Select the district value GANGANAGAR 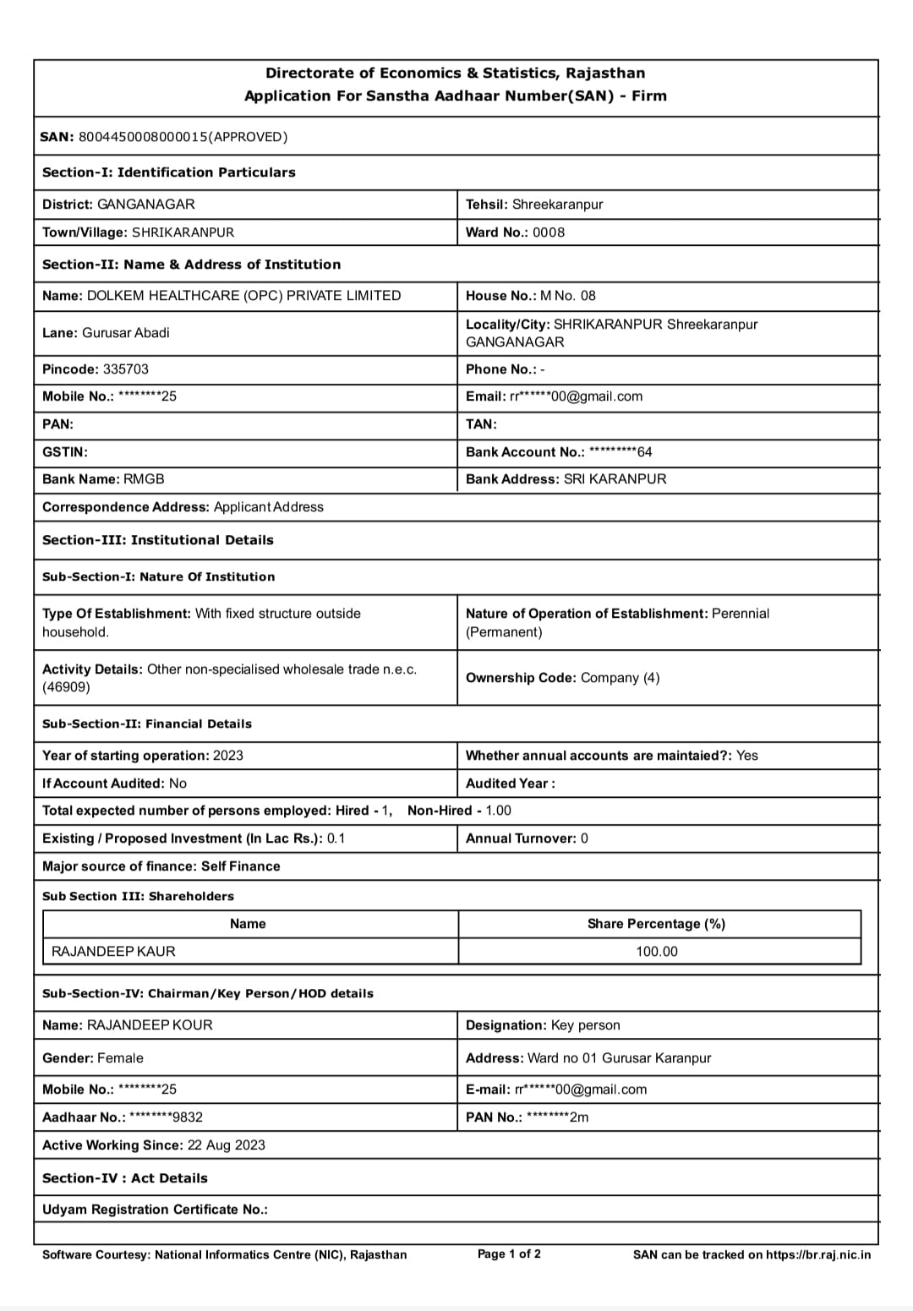click(x=145, y=205)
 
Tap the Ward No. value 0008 click(x=549, y=232)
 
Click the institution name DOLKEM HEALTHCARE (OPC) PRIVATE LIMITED click(x=243, y=296)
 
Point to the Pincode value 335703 click(x=126, y=369)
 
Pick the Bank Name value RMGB click(x=144, y=479)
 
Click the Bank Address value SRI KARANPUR click(x=615, y=479)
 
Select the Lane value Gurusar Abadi click(x=125, y=333)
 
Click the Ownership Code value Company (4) click(x=620, y=678)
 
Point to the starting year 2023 click(x=227, y=756)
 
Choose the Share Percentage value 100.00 click(x=657, y=952)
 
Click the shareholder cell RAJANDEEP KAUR click(x=113, y=952)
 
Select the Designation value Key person click(x=585, y=1025)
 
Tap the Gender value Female click(x=120, y=1058)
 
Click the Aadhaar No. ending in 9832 click(x=166, y=1117)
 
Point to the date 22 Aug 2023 click(x=226, y=1145)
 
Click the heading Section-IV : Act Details click(x=124, y=1178)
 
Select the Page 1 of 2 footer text click(x=509, y=1254)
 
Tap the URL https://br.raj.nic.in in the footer click(x=818, y=1255)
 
